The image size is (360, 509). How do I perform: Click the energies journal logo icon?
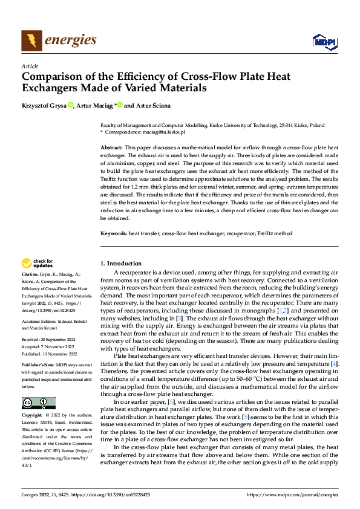pyautogui.click(x=31, y=41)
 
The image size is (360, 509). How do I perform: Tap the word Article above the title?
pyautogui.click(x=30, y=66)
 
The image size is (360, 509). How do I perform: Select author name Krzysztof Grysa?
pyautogui.click(x=44, y=106)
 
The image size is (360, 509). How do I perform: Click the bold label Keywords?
pyautogui.click(x=114, y=233)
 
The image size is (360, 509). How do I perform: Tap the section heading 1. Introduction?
pyautogui.click(x=120, y=264)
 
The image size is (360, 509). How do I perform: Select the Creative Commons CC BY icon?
pyautogui.click(x=38, y=403)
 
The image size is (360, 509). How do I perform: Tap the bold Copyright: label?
pyautogui.click(x=32, y=415)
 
